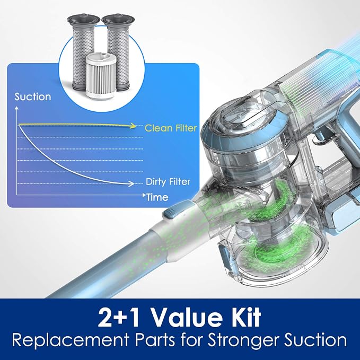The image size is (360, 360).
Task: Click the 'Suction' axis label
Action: (32, 96)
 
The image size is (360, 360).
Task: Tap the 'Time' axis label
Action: (157, 197)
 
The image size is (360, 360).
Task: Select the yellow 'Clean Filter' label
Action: (171, 128)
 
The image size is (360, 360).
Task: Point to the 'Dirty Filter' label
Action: (168, 182)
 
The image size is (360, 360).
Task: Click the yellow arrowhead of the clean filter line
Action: (133, 126)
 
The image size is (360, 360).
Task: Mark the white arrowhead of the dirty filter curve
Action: (131, 183)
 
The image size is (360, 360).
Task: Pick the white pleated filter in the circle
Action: (100, 77)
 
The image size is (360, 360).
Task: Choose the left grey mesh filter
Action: (83, 53)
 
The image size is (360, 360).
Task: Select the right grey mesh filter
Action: (119, 50)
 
